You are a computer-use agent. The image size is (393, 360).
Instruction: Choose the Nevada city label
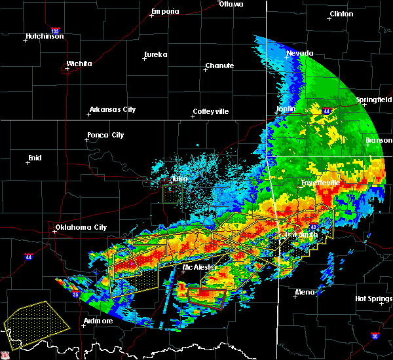point(300,53)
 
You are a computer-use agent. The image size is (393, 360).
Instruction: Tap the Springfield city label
point(374,99)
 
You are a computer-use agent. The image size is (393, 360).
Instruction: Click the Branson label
point(379,139)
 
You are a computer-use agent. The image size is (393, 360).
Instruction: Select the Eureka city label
point(157,54)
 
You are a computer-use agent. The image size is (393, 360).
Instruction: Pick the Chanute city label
point(219,65)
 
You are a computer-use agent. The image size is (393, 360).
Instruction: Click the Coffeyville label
point(210,111)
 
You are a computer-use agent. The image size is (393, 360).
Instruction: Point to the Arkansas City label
point(112,109)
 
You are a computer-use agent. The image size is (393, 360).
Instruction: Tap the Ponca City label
point(105,135)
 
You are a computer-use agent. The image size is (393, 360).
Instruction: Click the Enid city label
point(34,158)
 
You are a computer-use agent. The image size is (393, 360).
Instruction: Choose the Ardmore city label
point(98,321)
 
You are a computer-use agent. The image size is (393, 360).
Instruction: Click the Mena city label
point(304,292)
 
